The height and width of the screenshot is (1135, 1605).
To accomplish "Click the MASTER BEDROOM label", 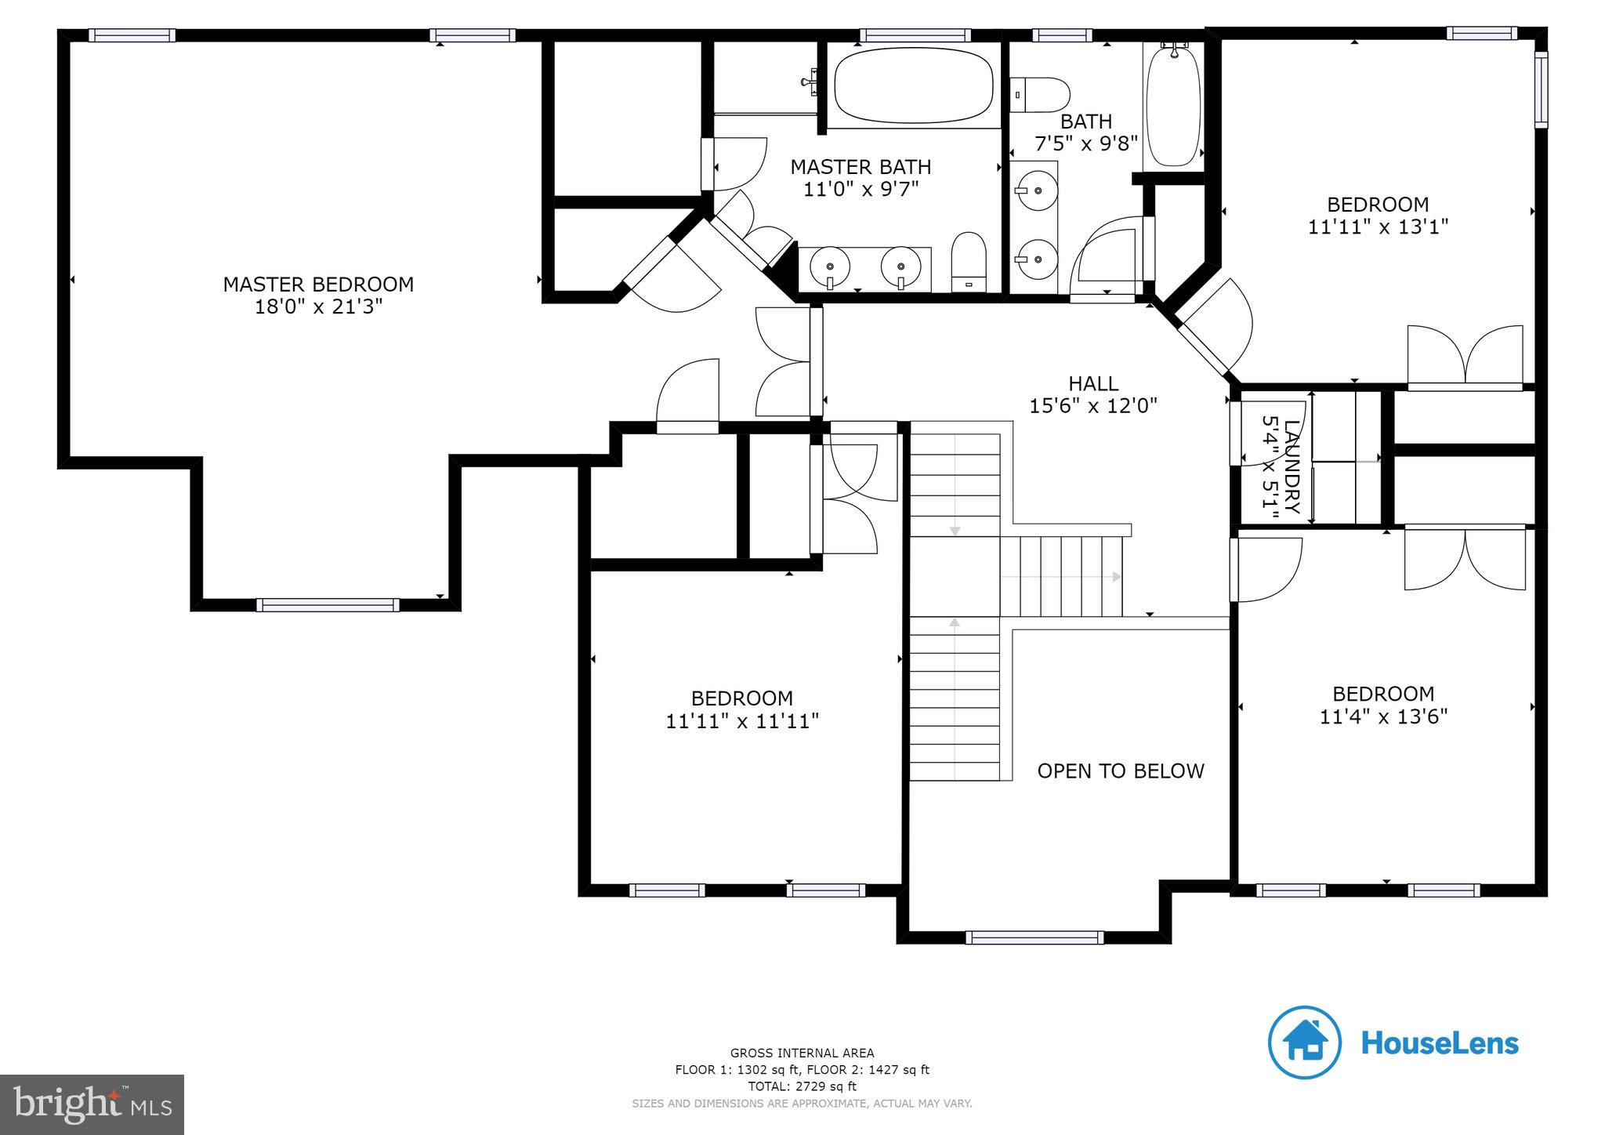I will [318, 284].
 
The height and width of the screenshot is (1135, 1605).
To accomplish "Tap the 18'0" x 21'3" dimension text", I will [318, 306].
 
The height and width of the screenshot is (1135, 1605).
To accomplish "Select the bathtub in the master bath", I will [913, 85].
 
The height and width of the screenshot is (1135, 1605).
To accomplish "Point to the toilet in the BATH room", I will [1040, 94].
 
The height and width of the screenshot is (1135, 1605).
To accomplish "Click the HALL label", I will [1093, 383].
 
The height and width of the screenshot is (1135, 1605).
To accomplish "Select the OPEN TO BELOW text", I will [1120, 771].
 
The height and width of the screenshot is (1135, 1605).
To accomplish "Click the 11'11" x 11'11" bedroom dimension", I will [742, 721].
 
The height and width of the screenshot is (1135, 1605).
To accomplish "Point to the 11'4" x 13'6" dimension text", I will [1383, 716].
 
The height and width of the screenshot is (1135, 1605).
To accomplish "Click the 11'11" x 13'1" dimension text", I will [1378, 227].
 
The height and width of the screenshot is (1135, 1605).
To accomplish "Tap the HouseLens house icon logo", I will [1305, 1043].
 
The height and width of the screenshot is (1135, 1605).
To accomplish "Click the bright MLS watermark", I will [92, 1104].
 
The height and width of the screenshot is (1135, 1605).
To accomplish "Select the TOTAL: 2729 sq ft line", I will [802, 1086].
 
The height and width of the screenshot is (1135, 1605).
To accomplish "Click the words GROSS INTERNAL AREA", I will [802, 1053].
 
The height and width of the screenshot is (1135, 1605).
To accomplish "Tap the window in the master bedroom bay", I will [328, 604].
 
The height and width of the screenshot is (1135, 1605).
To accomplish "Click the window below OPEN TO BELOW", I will [1034, 937].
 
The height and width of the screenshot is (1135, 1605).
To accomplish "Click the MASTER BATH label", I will [860, 167].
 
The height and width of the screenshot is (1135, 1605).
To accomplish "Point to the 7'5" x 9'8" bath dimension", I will [1085, 144].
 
